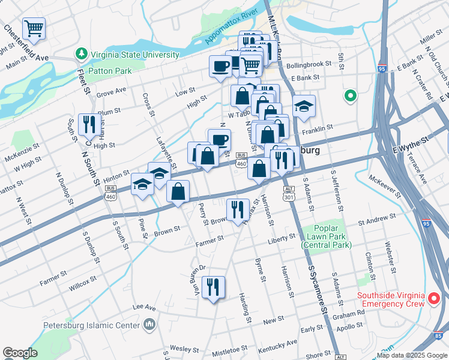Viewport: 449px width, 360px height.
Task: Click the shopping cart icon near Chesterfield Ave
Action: [34, 28]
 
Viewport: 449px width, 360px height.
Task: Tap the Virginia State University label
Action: [135, 55]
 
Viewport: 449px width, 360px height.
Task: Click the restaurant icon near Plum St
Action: [88, 125]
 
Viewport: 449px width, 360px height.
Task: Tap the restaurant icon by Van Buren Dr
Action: [212, 287]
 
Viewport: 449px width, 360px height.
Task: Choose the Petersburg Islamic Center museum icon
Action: [149, 326]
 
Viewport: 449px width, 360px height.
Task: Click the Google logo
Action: [20, 353]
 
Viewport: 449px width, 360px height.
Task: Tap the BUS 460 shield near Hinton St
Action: [110, 188]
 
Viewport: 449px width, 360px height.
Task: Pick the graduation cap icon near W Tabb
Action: [304, 106]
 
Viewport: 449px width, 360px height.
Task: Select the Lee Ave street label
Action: [144, 307]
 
